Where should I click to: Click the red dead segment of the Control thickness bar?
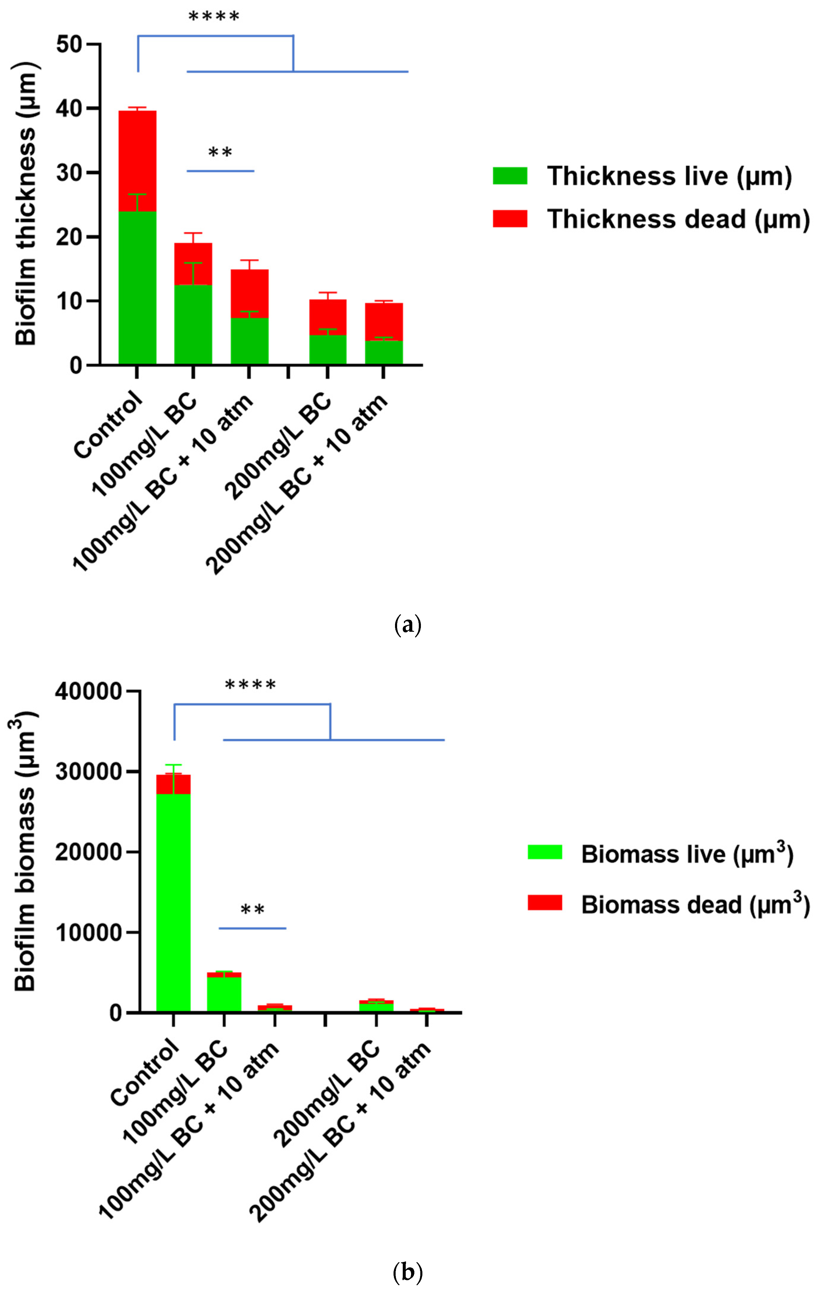click(137, 161)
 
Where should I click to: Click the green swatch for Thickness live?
click(510, 176)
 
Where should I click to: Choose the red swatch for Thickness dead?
click(510, 219)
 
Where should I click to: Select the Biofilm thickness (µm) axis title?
click(26, 203)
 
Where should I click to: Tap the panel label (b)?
click(408, 1271)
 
